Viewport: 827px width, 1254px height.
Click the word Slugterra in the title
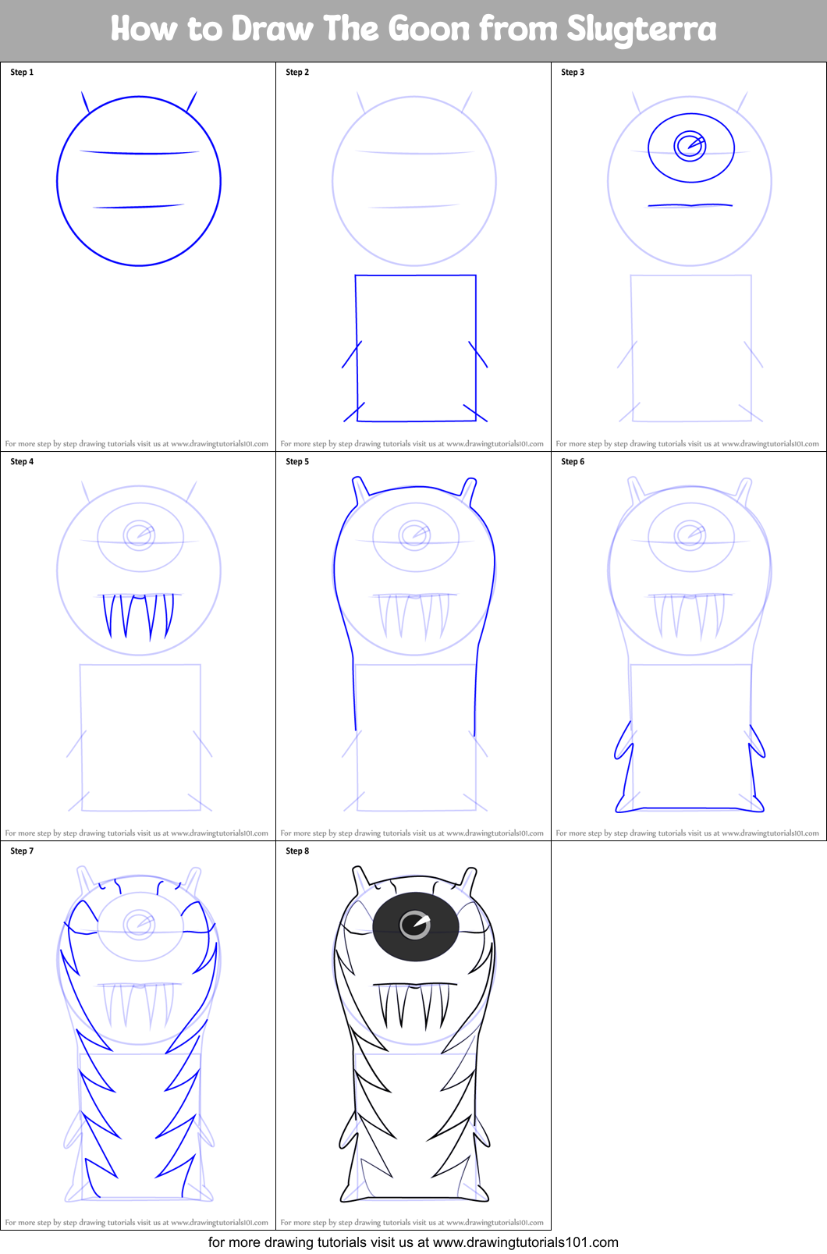641,30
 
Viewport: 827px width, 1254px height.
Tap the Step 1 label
22,73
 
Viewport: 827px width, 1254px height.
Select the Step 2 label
297,73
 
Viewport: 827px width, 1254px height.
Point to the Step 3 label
573,73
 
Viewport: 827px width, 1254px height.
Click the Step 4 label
22,462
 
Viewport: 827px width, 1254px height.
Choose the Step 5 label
297,462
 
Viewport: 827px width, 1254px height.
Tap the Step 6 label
573,462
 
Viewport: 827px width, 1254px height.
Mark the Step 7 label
22,851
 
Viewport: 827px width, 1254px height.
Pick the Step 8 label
297,851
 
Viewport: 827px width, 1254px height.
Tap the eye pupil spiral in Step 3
690,145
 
